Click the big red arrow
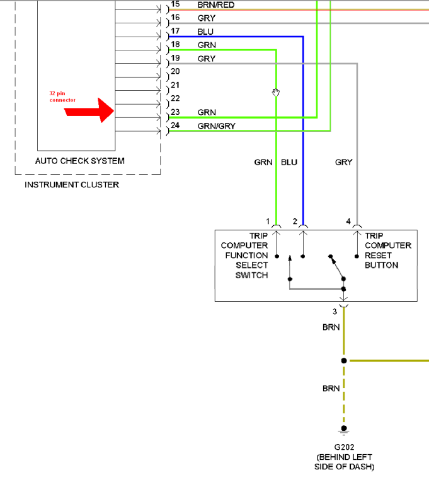pyautogui.click(x=89, y=111)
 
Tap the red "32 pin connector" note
pyautogui.click(x=62, y=96)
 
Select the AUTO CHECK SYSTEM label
pyautogui.click(x=79, y=161)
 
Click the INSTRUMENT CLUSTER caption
pyautogui.click(x=71, y=185)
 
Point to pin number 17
pyautogui.click(x=175, y=31)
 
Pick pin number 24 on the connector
pyautogui.click(x=175, y=126)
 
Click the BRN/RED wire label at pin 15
pyautogui.click(x=215, y=4)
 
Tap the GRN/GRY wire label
pyautogui.click(x=216, y=126)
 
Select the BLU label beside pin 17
pyautogui.click(x=205, y=32)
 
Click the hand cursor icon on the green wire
pyautogui.click(x=275, y=93)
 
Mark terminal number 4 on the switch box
pyautogui.click(x=348, y=221)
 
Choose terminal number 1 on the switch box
pyautogui.click(x=268, y=221)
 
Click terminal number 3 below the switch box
pyautogui.click(x=335, y=311)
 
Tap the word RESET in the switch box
pyautogui.click(x=378, y=255)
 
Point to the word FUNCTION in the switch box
pyautogui.click(x=246, y=255)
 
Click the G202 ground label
pyautogui.click(x=344, y=447)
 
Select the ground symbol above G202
pyautogui.click(x=344, y=431)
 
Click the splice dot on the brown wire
pyautogui.click(x=343, y=361)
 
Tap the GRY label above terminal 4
pyautogui.click(x=343, y=162)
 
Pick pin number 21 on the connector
pyautogui.click(x=175, y=85)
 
